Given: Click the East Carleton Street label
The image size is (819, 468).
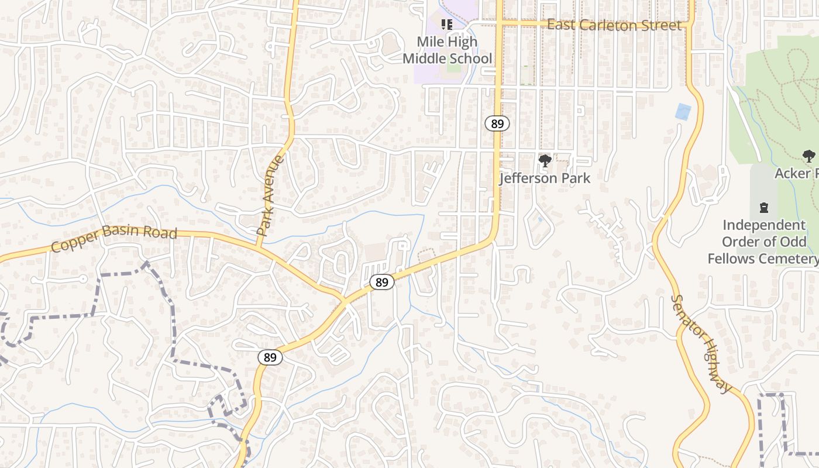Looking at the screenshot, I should (614, 25).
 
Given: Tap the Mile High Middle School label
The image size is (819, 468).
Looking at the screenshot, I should (448, 50).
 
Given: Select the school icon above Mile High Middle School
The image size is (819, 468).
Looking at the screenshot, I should (448, 25).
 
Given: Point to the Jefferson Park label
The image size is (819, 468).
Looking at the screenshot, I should (545, 178).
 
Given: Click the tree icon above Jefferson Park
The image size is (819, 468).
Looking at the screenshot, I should (545, 160).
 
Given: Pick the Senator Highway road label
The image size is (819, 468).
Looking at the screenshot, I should (701, 343).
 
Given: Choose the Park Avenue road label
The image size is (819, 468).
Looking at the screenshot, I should (271, 195).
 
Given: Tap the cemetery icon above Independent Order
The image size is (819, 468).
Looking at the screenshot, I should (763, 207).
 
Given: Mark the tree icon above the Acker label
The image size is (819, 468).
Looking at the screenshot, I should (808, 156).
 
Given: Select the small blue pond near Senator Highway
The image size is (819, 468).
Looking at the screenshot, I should (682, 112).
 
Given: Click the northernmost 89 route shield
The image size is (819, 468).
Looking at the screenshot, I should (497, 123).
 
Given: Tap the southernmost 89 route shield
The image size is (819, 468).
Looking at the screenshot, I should (270, 357).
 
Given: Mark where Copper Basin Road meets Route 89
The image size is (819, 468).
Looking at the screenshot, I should (344, 301).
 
